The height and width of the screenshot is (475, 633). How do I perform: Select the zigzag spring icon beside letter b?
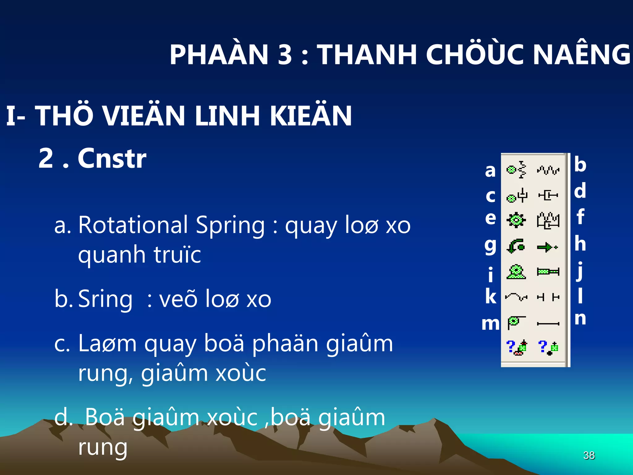(548, 170)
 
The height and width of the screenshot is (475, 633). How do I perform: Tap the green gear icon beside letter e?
(516, 220)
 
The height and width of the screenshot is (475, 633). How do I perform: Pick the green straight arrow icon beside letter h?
(547, 247)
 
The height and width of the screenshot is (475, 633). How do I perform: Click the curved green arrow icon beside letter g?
(516, 246)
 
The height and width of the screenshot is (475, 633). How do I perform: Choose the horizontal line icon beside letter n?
(548, 324)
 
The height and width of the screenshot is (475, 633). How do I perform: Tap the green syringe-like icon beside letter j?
(548, 272)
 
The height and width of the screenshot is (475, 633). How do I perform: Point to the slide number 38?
(589, 455)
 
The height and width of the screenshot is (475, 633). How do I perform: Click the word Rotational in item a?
(133, 225)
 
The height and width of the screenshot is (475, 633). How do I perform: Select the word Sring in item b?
(105, 299)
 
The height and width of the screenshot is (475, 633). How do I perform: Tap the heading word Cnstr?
(112, 158)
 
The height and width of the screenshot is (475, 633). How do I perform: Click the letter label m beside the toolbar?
(491, 324)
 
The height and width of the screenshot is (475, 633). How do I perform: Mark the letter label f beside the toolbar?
(580, 216)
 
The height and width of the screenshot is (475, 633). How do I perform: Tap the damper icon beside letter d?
(548, 195)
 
